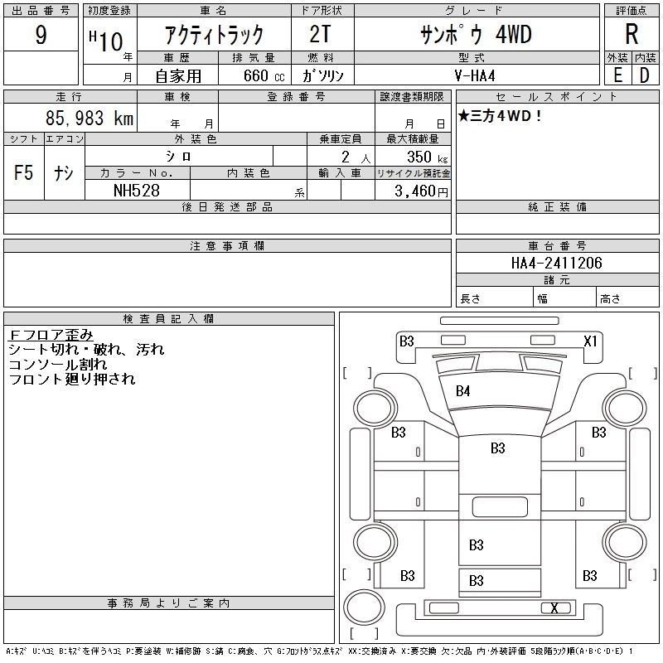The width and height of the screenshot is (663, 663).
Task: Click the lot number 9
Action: [41, 36]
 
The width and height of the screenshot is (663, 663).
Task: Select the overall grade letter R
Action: [632, 35]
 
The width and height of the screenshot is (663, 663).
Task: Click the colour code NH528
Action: [138, 190]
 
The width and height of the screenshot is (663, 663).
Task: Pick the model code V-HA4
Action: [476, 75]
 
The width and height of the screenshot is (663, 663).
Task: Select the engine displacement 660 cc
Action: [258, 75]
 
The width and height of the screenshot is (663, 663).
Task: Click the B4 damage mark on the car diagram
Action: [462, 391]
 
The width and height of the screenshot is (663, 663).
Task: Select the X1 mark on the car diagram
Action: [590, 341]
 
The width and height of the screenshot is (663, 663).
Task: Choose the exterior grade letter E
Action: [617, 75]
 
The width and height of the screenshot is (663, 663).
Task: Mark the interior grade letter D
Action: [644, 75]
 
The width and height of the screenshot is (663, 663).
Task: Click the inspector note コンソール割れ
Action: [58, 365]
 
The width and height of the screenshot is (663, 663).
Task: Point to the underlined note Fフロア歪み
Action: [51, 335]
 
